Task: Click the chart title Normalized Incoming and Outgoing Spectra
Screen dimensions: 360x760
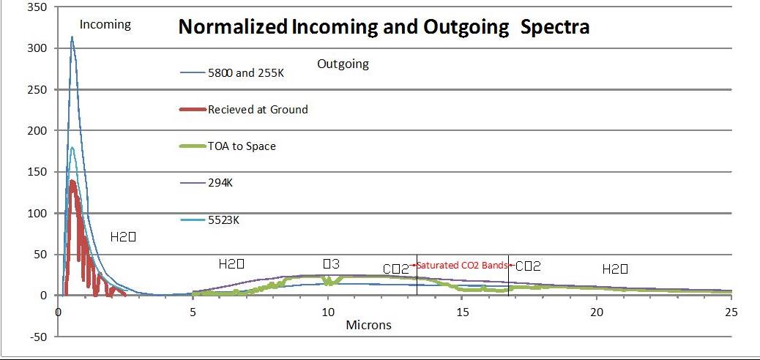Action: click(x=384, y=28)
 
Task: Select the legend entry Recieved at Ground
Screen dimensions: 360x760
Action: click(x=257, y=110)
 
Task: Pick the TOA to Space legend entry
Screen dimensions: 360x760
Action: click(x=242, y=146)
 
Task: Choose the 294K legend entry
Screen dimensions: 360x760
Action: click(x=222, y=184)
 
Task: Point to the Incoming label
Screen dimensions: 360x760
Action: click(x=105, y=24)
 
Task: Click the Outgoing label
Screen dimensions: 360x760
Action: click(x=343, y=64)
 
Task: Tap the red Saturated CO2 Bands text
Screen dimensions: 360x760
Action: click(x=462, y=265)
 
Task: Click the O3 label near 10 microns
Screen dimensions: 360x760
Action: click(x=332, y=263)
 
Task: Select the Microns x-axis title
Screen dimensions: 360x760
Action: click(x=368, y=325)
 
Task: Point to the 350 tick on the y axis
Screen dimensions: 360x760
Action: click(x=37, y=7)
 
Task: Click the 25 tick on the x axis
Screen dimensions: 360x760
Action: click(x=731, y=312)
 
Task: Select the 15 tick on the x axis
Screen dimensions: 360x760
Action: click(x=462, y=312)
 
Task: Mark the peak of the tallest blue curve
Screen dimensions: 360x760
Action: click(x=72, y=37)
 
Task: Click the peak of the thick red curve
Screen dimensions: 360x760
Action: click(x=72, y=181)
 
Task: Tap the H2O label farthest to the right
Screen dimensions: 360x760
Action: click(x=615, y=269)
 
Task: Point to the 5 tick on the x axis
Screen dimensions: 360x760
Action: click(x=193, y=312)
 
